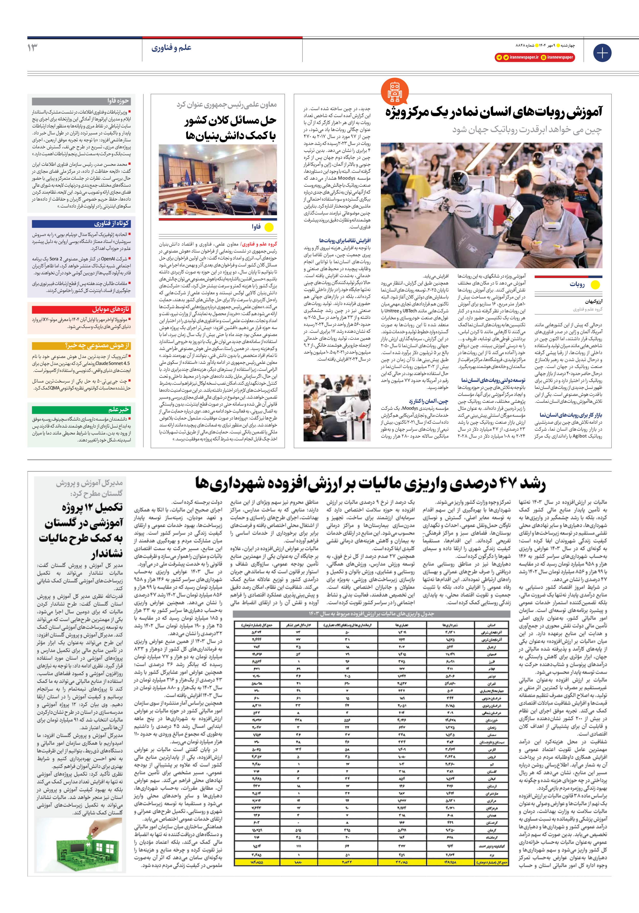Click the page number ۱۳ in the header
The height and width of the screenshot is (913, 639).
pyautogui.click(x=33, y=48)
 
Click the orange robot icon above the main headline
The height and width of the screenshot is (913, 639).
pyautogui.click(x=394, y=92)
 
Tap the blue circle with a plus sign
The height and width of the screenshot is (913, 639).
pyautogui.click(x=602, y=53)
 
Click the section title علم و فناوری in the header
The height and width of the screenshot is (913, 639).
pyautogui.click(x=172, y=48)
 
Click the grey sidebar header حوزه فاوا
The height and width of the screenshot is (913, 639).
pyautogui.click(x=82, y=101)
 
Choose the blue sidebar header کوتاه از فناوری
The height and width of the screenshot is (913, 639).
pyautogui.click(x=82, y=223)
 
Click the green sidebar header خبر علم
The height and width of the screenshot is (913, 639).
pyautogui.click(x=82, y=409)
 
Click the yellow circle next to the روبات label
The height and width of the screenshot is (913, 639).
pyautogui.click(x=595, y=285)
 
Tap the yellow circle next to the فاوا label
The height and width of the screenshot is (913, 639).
pyautogui.click(x=269, y=228)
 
